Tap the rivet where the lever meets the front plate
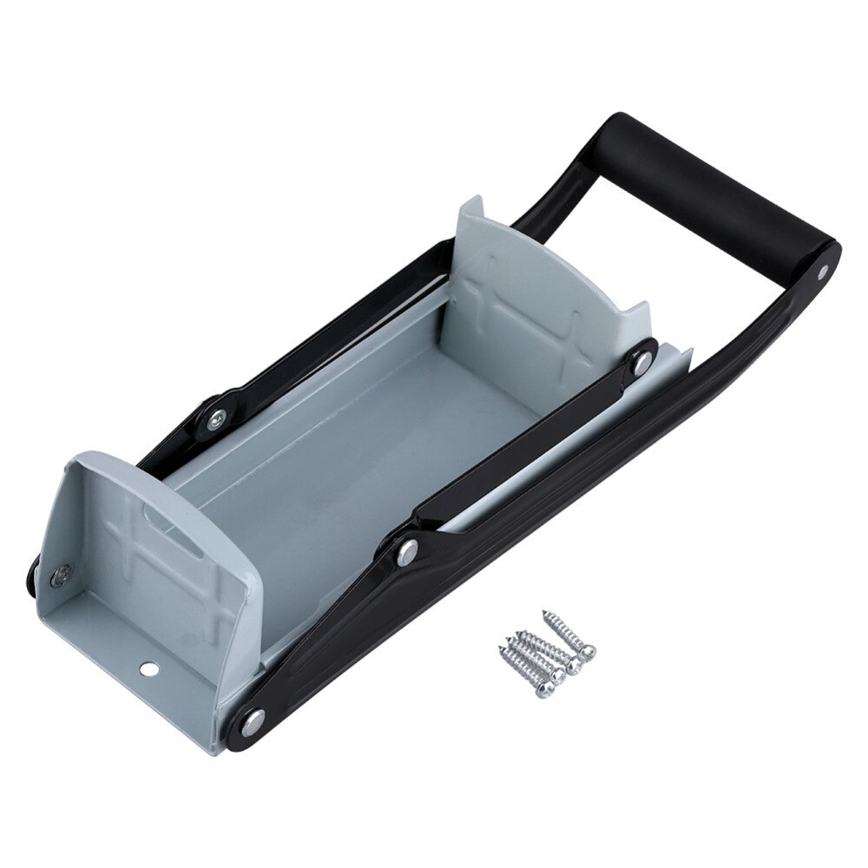(252, 719)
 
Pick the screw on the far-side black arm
(214, 417)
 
